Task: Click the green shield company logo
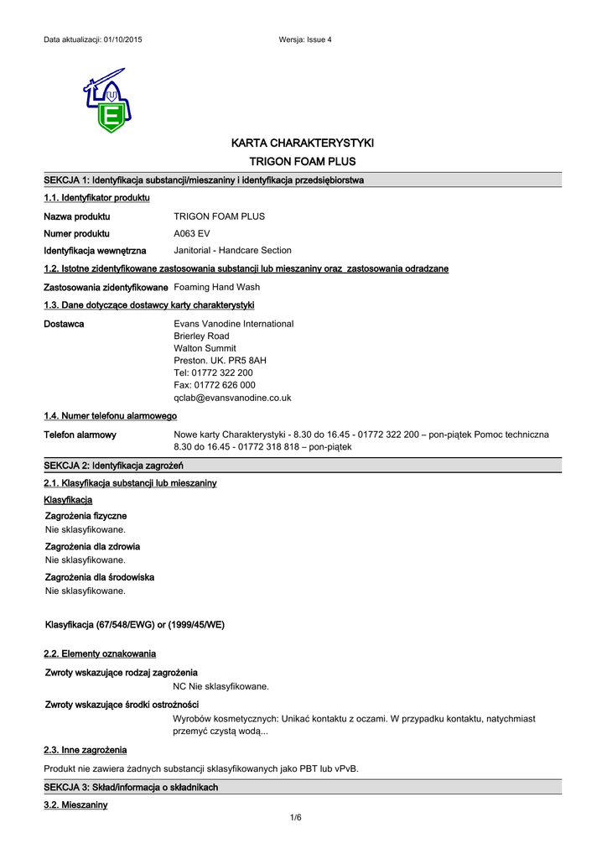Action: click(x=106, y=102)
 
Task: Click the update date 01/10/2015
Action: click(x=122, y=40)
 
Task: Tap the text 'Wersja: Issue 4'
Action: click(x=304, y=40)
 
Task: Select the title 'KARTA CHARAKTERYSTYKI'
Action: click(x=303, y=143)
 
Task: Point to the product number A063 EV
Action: click(x=192, y=233)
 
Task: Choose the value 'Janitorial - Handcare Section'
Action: click(x=232, y=250)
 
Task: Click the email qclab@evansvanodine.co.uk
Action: click(x=232, y=398)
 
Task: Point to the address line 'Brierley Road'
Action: click(x=201, y=336)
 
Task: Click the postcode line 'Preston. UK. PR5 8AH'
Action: click(x=220, y=360)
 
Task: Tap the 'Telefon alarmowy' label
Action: click(x=80, y=435)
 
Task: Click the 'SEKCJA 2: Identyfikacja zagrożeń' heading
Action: click(x=113, y=466)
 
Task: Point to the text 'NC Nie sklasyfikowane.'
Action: click(x=221, y=686)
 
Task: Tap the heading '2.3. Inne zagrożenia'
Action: click(x=85, y=749)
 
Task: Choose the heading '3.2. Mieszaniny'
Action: click(x=75, y=804)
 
